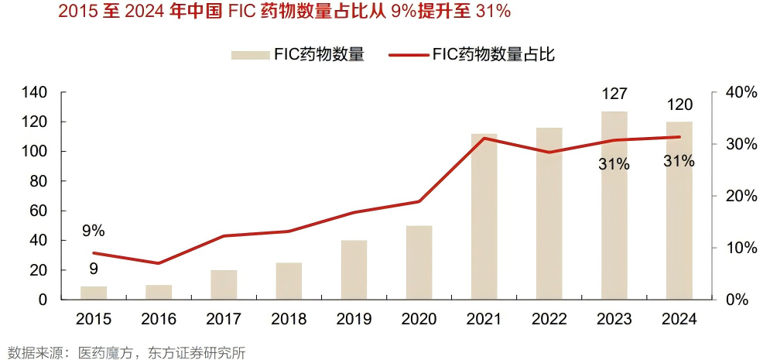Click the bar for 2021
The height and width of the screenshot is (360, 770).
(x=484, y=217)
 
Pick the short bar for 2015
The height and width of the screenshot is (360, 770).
(x=94, y=293)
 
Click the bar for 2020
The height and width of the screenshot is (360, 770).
(x=419, y=262)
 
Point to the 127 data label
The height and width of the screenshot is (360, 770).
(x=614, y=94)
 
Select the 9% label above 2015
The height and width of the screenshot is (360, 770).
(x=92, y=231)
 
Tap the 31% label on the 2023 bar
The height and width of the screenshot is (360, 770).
(x=614, y=164)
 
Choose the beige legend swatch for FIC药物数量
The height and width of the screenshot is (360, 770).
(x=249, y=54)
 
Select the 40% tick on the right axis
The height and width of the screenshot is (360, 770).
(x=741, y=92)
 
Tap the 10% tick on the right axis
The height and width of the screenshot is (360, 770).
(x=741, y=248)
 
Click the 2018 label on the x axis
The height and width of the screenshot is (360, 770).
(x=289, y=319)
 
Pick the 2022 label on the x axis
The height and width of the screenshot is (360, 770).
(x=549, y=319)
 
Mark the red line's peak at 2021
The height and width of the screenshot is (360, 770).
(x=484, y=139)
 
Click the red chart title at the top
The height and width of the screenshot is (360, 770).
(x=279, y=12)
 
